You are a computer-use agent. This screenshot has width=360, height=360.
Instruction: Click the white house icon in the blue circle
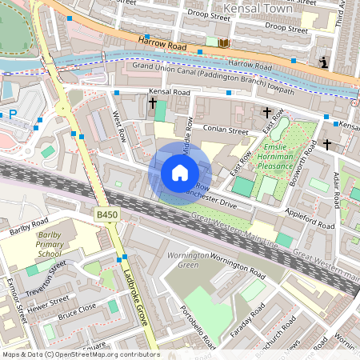tap(180, 173)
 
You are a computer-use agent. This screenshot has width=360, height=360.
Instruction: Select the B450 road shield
tap(106, 215)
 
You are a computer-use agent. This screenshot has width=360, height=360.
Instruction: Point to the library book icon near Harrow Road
tap(223, 42)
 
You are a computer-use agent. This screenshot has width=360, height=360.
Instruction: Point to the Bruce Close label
tap(78, 310)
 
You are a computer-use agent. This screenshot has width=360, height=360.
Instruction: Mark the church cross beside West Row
tap(152, 102)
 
